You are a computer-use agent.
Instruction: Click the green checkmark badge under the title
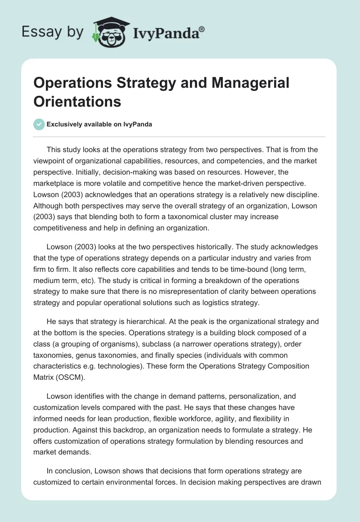[39, 124]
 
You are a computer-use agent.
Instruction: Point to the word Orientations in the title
[77, 101]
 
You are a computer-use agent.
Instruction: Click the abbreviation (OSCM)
[70, 377]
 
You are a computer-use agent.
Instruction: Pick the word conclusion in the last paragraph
[76, 471]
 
